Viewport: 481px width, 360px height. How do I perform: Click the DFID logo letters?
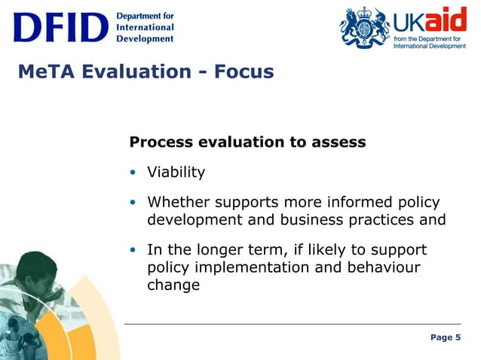pyautogui.click(x=60, y=28)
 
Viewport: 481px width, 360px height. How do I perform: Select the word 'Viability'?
pyautogui.click(x=176, y=172)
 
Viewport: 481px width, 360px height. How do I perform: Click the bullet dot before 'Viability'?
pyautogui.click(x=133, y=172)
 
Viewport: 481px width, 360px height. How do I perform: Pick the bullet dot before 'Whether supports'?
pyautogui.click(x=133, y=203)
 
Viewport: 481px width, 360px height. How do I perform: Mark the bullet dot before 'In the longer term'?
pyautogui.click(x=133, y=250)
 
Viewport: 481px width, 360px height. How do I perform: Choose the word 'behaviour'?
pyautogui.click(x=382, y=267)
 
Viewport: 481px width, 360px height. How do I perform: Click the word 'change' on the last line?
pyautogui.click(x=173, y=285)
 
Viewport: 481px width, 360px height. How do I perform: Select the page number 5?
pyautogui.click(x=458, y=337)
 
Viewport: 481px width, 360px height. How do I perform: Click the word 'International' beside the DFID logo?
pyautogui.click(x=145, y=28)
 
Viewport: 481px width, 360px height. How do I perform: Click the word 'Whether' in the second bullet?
pyautogui.click(x=178, y=203)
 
